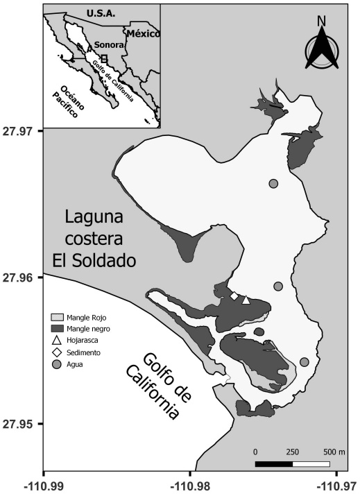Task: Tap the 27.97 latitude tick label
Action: [x=21, y=130]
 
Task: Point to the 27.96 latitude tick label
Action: [x=21, y=277]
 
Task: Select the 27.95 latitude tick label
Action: [x=21, y=423]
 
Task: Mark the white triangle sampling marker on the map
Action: [x=246, y=300]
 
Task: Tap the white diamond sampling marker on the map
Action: [x=234, y=297]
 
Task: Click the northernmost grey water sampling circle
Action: [x=273, y=183]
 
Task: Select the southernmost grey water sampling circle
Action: [x=304, y=361]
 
